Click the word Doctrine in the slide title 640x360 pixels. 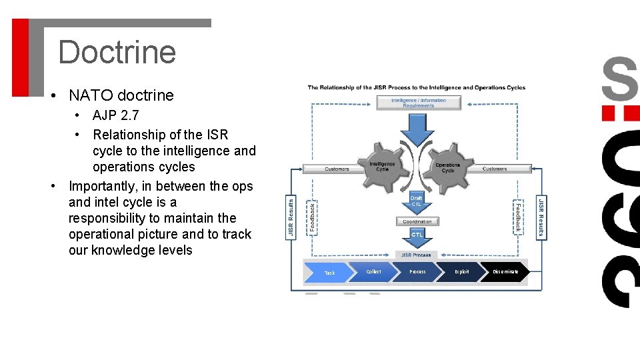pyautogui.click(x=117, y=52)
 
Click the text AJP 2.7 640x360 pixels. pyautogui.click(x=116, y=115)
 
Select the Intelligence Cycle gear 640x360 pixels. pyautogui.click(x=383, y=166)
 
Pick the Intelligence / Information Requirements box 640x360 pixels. pyautogui.click(x=418, y=103)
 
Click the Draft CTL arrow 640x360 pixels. pyautogui.click(x=417, y=201)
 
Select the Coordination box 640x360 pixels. pyautogui.click(x=417, y=221)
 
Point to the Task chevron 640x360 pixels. pyautogui.click(x=330, y=273)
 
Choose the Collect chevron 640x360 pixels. pyautogui.click(x=374, y=272)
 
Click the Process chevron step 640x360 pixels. pyautogui.click(x=418, y=272)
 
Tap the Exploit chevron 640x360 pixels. pyautogui.click(x=462, y=272)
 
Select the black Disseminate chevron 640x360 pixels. pyautogui.click(x=505, y=272)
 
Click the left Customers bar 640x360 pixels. pyautogui.click(x=337, y=169)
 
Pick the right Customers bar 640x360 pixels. pyautogui.click(x=495, y=169)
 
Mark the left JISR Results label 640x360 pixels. pyautogui.click(x=291, y=217)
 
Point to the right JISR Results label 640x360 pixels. pyautogui.click(x=541, y=217)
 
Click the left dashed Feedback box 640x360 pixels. pyautogui.click(x=311, y=217)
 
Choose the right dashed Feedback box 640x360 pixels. pyautogui.click(x=518, y=217)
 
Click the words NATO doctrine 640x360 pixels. pyautogui.click(x=121, y=95)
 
